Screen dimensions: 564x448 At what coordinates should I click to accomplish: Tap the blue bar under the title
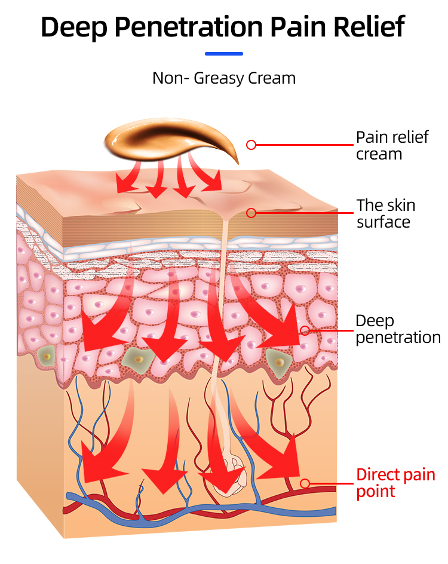[224, 54]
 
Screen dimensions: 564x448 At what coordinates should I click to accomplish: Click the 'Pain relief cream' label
[392, 145]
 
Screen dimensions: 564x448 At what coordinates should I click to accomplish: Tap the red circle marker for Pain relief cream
[251, 145]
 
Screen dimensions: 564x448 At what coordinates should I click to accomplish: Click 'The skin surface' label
[385, 213]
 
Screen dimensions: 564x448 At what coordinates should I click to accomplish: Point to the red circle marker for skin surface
[251, 213]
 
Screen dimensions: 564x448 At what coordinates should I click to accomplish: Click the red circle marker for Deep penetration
[305, 330]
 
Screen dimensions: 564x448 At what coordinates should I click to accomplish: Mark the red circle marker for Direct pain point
[305, 483]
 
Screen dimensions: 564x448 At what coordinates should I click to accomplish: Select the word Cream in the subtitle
[272, 78]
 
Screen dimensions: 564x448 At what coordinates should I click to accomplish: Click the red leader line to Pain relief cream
[305, 145]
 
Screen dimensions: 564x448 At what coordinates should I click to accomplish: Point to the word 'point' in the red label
[376, 491]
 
